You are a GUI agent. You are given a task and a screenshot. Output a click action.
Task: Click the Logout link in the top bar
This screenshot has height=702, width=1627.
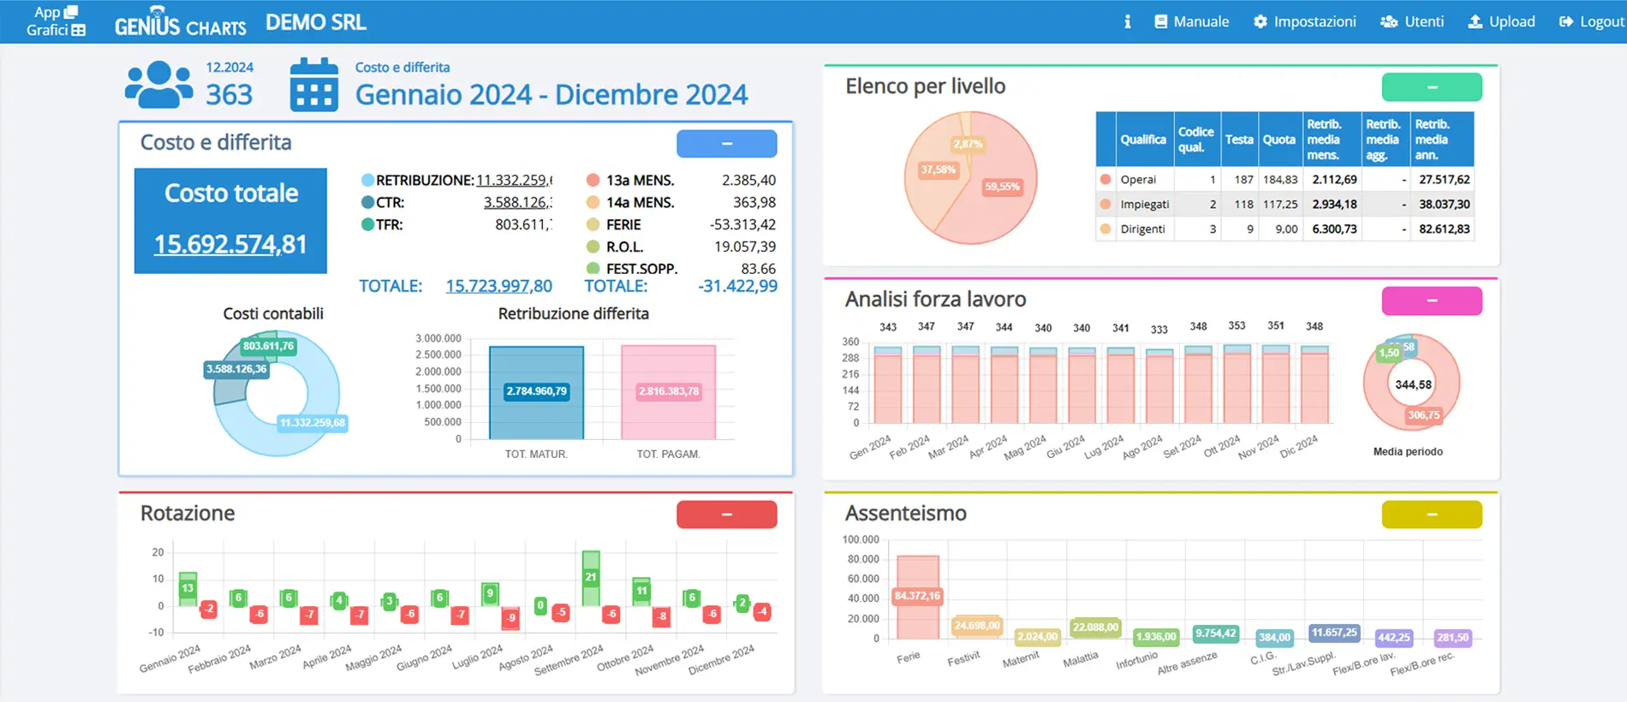point(1592,21)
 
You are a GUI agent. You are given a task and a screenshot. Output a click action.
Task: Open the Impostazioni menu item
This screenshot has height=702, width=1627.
point(1305,21)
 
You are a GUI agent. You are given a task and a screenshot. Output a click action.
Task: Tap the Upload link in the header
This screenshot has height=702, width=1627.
point(1502,21)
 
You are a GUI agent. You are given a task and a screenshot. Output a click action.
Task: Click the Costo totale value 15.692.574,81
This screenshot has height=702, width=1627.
point(230,244)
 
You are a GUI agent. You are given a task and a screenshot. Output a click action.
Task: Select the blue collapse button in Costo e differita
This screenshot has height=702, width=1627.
point(726,144)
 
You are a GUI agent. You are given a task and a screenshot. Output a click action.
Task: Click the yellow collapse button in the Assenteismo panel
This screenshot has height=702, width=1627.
point(1431,515)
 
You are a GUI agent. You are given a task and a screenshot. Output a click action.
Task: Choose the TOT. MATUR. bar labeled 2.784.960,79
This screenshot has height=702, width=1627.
point(536,391)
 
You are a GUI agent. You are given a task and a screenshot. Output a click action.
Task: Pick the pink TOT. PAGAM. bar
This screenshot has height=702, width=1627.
point(668,391)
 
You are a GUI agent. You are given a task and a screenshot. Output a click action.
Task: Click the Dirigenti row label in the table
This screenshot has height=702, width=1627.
point(1142,229)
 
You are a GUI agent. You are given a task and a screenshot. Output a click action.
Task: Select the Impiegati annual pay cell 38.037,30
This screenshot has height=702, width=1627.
point(1444,205)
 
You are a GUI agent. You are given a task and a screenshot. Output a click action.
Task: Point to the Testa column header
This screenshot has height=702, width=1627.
point(1238,140)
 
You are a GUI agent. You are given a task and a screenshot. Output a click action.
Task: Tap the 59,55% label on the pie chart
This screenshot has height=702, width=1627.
point(1002,187)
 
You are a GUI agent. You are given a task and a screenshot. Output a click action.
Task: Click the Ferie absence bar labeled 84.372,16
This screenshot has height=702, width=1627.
point(917,596)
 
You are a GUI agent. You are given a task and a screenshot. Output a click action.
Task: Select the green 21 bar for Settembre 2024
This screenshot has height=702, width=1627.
point(590,578)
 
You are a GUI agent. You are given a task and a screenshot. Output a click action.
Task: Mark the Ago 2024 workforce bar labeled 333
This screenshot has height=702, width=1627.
point(1159,387)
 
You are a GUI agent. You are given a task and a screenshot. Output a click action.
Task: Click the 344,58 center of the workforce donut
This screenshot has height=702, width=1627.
point(1413,384)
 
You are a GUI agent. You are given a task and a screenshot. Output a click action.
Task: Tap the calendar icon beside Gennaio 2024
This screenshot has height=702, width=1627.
point(313,85)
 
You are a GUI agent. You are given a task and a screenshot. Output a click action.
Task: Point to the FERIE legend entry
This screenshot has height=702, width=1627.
point(623,225)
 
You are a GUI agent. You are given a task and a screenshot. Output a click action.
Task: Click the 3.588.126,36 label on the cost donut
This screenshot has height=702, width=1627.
point(236,369)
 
